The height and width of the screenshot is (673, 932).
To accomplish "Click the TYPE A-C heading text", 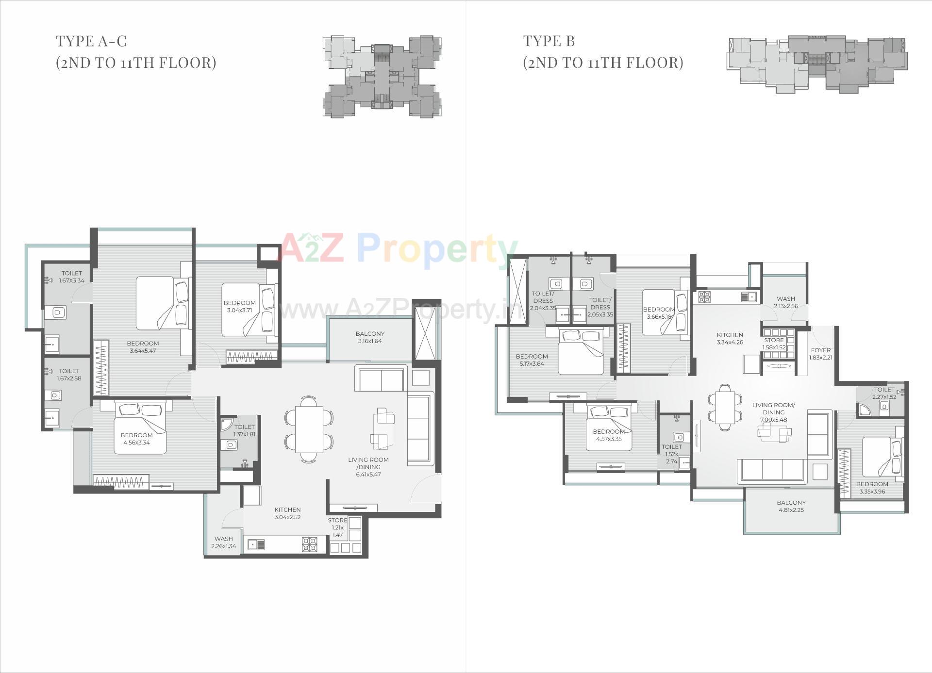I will [x=91, y=41].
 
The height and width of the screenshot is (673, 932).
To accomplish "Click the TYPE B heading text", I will [x=549, y=41].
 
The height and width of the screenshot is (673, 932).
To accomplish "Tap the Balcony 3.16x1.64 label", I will [x=369, y=337].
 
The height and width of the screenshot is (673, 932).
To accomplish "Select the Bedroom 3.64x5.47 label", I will [x=143, y=347].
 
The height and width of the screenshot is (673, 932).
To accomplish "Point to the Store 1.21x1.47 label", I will [x=337, y=527].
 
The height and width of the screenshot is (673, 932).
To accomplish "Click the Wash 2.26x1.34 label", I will [x=223, y=542].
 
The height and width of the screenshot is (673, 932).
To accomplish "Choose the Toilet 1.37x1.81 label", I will [x=244, y=430].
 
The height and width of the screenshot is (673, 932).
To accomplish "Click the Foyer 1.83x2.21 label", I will [x=820, y=354].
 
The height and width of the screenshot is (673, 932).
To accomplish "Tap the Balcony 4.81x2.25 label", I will [x=791, y=506].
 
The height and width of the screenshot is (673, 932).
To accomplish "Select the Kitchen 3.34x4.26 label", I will [x=730, y=338].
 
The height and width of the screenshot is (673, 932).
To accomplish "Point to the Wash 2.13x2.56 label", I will [x=785, y=302].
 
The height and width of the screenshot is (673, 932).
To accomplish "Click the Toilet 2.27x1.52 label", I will [x=884, y=393].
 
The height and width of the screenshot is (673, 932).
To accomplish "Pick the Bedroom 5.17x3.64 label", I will [x=532, y=360].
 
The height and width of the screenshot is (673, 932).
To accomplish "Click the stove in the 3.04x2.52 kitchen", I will [x=310, y=544].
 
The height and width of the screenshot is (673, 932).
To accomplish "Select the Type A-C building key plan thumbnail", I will [x=382, y=76].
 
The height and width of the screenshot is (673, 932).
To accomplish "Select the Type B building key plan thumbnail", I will [x=816, y=64].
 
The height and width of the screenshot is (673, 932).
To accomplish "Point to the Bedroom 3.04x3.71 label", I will [x=240, y=306].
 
